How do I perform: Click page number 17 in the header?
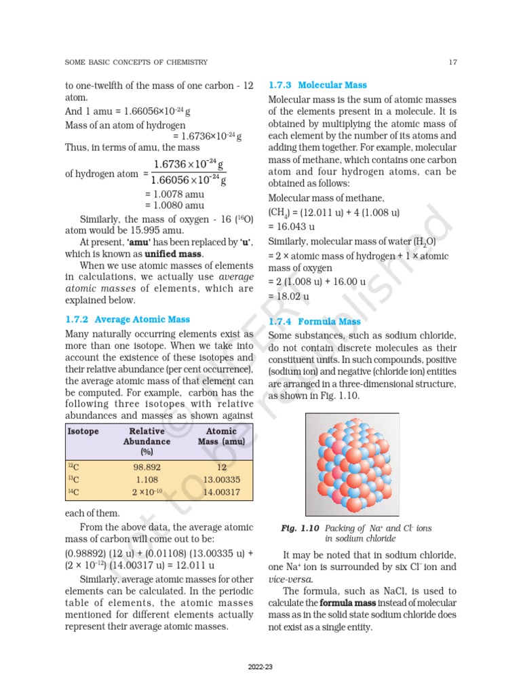(x=452, y=62)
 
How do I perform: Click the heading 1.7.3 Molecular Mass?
(x=317, y=85)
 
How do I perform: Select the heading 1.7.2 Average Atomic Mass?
(x=128, y=319)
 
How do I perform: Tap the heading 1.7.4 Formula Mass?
(x=315, y=322)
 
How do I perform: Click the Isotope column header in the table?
(x=83, y=431)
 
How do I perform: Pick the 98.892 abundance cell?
(x=147, y=468)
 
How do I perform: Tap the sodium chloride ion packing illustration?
(x=352, y=464)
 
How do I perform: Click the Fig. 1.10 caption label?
(x=301, y=527)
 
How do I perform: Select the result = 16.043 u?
(x=290, y=226)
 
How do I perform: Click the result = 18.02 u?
(x=288, y=296)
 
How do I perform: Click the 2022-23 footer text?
(x=260, y=668)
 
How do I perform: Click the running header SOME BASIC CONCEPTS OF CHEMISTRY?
(x=136, y=62)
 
